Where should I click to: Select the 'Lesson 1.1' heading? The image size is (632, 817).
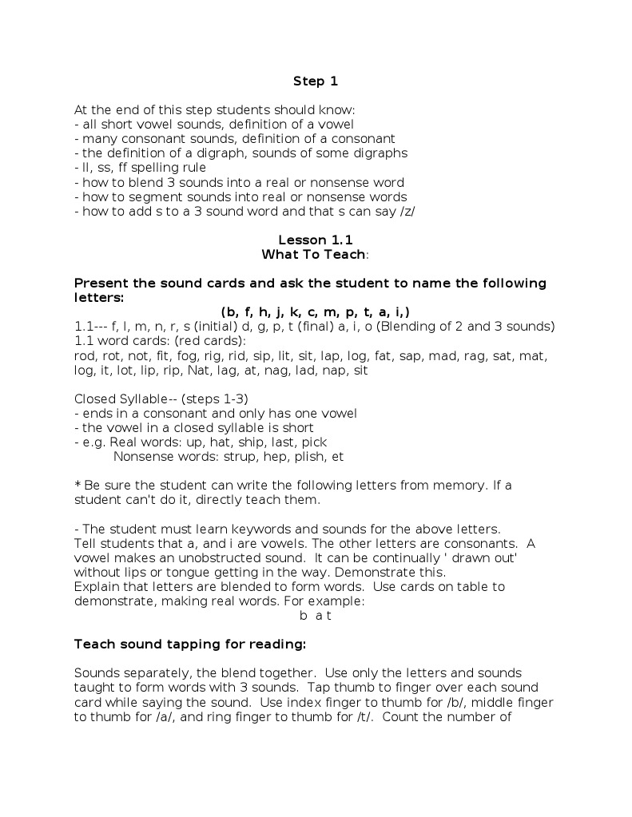click(x=315, y=240)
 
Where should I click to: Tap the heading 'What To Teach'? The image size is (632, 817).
click(x=314, y=254)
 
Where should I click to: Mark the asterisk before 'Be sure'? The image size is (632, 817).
click(x=77, y=485)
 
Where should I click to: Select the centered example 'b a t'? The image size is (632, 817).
click(x=315, y=615)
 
